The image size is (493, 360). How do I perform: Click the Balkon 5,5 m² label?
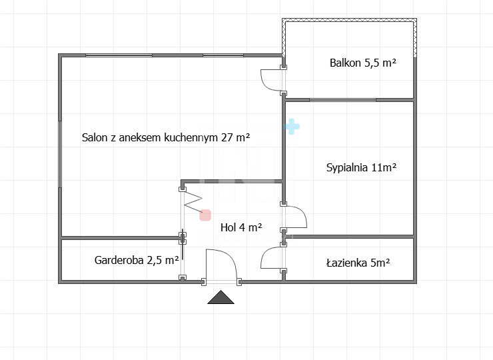point(363,63)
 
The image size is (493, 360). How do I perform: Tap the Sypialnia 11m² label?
point(361,167)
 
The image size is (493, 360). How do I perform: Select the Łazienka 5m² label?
point(358,263)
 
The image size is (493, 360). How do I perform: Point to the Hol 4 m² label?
point(241,227)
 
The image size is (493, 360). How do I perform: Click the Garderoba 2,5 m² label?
point(137,260)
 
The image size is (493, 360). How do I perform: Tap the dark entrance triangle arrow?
point(221,297)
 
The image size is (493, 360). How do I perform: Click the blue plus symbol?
point(292,127)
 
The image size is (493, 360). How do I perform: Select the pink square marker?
point(205,215)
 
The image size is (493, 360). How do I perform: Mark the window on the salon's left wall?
point(60,154)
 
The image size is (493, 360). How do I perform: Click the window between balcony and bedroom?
point(342,100)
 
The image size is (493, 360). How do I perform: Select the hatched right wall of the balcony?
point(415,38)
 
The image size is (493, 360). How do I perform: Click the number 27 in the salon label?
point(227,137)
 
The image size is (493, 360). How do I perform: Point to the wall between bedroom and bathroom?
point(351,236)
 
